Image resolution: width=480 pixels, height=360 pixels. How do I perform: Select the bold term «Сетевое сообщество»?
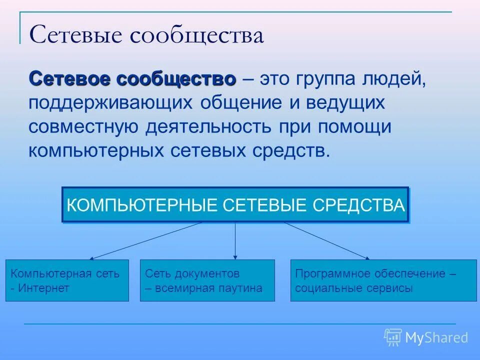[x=132, y=79]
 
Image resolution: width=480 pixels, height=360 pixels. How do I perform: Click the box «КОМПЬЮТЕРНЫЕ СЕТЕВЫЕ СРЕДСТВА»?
[x=235, y=205]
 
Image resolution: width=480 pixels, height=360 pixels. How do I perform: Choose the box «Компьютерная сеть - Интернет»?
[x=67, y=280]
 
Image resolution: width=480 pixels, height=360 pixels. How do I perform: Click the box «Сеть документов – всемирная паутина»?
[x=207, y=280]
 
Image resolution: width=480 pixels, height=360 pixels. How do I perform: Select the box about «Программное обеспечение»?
[x=383, y=280]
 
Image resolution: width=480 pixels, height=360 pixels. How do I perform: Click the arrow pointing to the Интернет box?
[x=145, y=241]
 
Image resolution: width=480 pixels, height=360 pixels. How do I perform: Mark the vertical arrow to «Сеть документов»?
[x=235, y=240]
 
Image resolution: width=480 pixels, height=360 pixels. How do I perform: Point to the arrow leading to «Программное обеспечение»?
[x=327, y=241]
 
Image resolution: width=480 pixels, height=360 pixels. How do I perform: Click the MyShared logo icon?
[x=393, y=337]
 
